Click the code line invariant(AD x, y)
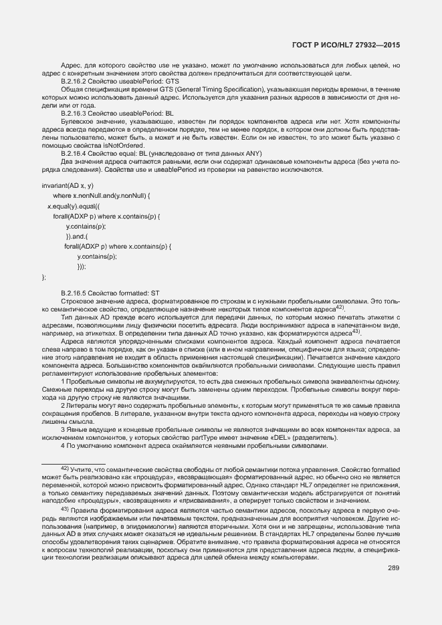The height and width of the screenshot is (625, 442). tap(68, 185)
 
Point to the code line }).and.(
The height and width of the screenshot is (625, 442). tap(77, 236)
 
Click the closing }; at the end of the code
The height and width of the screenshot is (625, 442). tap(44, 277)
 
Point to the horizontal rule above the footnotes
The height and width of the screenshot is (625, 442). tap(73, 463)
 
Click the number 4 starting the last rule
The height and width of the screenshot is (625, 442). tap(63, 445)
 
